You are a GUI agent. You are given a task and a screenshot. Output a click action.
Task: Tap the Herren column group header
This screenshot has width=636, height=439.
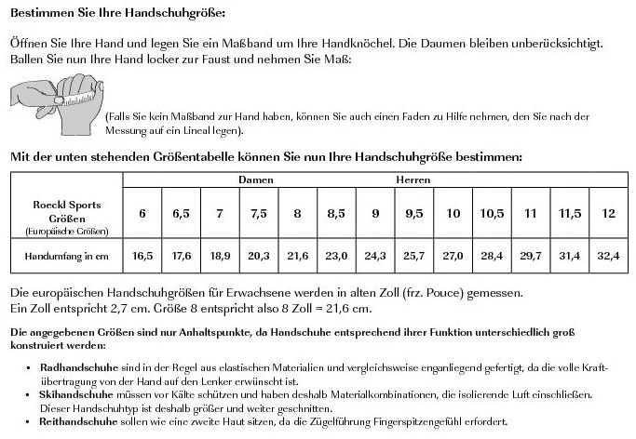pos(413,179)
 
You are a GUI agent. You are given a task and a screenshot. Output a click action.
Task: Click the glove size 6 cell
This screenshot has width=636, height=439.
pos(142,214)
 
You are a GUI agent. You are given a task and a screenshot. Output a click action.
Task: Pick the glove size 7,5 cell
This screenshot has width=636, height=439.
pos(259,214)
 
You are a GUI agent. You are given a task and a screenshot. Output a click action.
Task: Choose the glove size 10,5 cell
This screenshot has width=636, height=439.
pos(492,214)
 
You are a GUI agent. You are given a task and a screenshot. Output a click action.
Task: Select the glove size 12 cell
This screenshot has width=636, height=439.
pos(609,214)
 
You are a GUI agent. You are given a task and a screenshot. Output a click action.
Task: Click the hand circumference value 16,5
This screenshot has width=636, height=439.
pos(142,255)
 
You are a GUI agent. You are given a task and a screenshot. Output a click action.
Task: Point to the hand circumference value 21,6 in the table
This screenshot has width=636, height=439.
pos(297,255)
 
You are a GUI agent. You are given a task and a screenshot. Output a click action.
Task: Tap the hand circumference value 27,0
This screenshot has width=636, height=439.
pos(453,255)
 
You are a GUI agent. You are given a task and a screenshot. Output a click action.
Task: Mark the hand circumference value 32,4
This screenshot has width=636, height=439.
pos(609,255)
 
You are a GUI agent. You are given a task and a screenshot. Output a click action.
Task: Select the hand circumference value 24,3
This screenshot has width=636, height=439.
pos(375,255)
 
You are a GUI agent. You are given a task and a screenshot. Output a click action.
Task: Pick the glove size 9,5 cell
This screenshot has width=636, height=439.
pos(414,214)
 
